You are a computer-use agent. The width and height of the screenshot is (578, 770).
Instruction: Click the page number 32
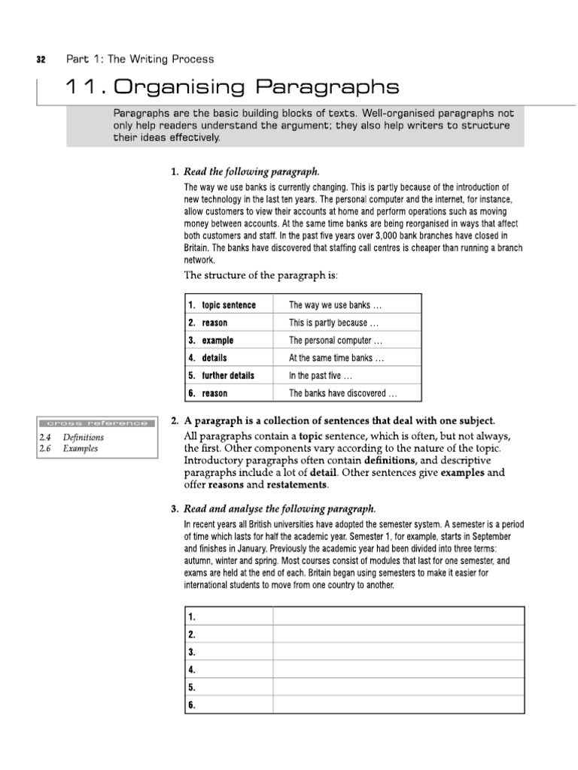click(x=42, y=59)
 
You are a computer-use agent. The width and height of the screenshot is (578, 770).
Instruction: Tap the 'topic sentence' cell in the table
click(x=229, y=305)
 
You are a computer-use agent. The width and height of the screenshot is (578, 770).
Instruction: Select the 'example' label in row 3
click(x=218, y=341)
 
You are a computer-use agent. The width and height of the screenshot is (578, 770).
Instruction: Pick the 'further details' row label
click(x=228, y=375)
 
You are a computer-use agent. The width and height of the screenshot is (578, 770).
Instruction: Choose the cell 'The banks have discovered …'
click(x=343, y=393)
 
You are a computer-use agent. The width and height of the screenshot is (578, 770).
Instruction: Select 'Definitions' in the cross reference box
click(x=84, y=437)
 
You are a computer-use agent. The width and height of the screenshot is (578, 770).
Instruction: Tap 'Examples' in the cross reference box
click(x=81, y=449)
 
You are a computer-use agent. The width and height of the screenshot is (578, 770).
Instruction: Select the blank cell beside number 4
click(x=398, y=668)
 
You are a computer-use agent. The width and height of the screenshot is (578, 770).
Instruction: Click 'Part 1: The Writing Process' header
click(x=140, y=59)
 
